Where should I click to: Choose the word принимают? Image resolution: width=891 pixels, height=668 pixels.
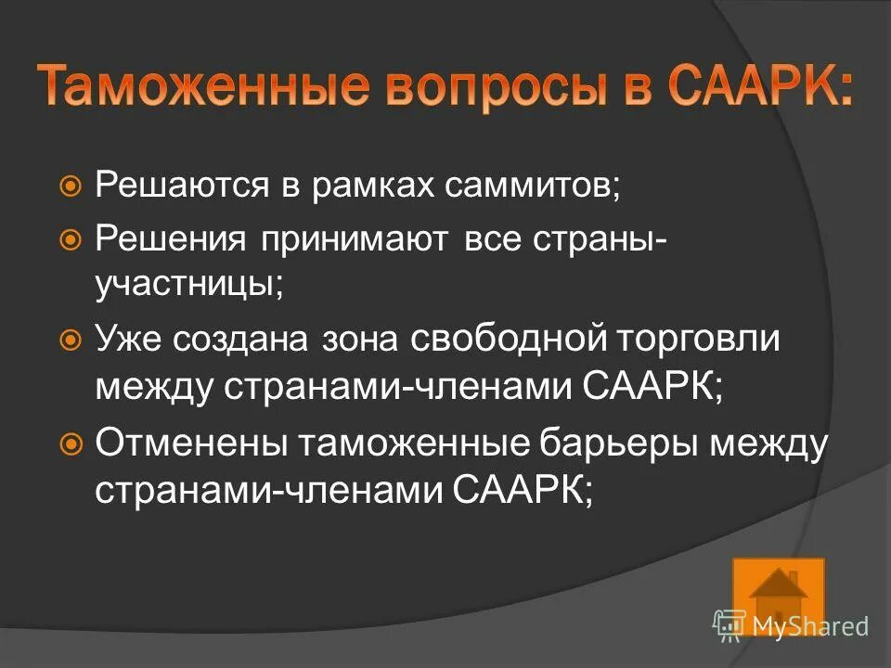click(353, 240)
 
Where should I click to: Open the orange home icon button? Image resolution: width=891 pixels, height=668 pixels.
click(778, 594)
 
